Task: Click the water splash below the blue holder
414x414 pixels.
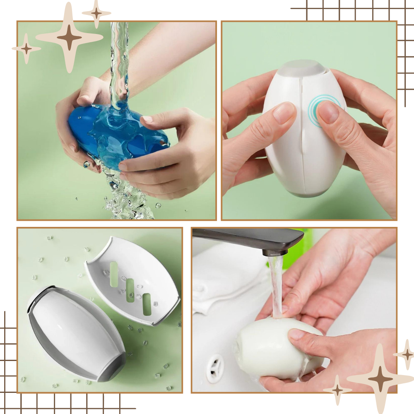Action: [x=128, y=203]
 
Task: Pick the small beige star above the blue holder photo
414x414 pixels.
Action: [x=96, y=13]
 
